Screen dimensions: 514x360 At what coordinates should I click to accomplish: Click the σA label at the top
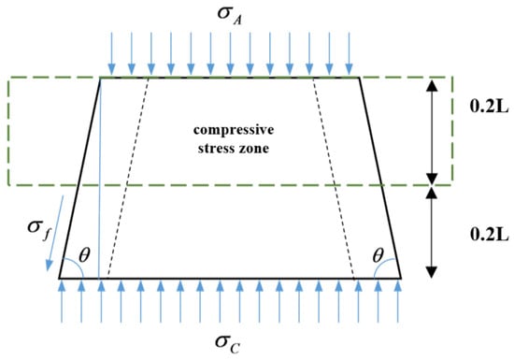[x=230, y=16]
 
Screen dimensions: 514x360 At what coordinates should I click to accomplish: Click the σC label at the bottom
[x=228, y=343]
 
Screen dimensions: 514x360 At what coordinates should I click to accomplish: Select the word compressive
[x=234, y=130]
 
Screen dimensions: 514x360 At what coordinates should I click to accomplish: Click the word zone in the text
[x=256, y=149]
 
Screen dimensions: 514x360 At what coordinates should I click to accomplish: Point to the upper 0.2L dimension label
[x=490, y=107]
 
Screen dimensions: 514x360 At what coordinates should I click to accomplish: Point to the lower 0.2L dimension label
[x=490, y=234]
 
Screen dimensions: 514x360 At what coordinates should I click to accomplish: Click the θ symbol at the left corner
[x=84, y=255]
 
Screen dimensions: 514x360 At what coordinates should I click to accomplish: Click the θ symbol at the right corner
[x=378, y=255]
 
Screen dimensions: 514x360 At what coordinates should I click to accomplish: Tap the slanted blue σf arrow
[x=55, y=234]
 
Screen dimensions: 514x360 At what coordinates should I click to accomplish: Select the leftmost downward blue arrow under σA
[x=112, y=53]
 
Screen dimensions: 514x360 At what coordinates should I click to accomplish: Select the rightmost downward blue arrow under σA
[x=350, y=53]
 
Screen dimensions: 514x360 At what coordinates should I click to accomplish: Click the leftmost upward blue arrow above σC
[x=63, y=302]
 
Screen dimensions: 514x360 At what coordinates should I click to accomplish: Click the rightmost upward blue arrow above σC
[x=398, y=302]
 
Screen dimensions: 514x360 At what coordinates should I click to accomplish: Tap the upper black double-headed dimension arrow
[x=432, y=132]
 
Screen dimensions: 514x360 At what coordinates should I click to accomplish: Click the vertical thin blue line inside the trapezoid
[x=99, y=179]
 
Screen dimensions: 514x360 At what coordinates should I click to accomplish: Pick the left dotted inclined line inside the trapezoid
[x=128, y=178]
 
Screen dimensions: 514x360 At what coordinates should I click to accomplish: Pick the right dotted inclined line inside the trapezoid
[x=334, y=178]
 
